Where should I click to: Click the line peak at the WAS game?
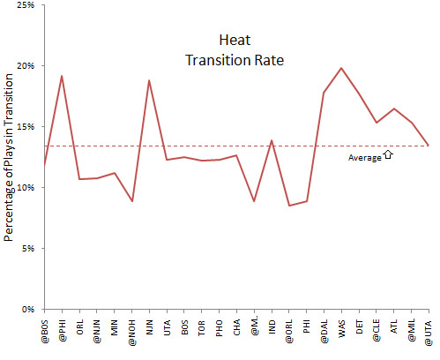pos(341,68)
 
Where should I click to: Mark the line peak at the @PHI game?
pos(62,76)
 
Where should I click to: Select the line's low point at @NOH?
pos(131,201)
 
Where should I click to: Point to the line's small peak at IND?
pos(272,140)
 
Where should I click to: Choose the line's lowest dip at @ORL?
pos(289,206)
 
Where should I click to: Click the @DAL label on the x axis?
pos(324,332)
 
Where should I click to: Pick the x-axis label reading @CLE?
pos(377,332)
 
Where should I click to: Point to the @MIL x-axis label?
pos(412,332)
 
